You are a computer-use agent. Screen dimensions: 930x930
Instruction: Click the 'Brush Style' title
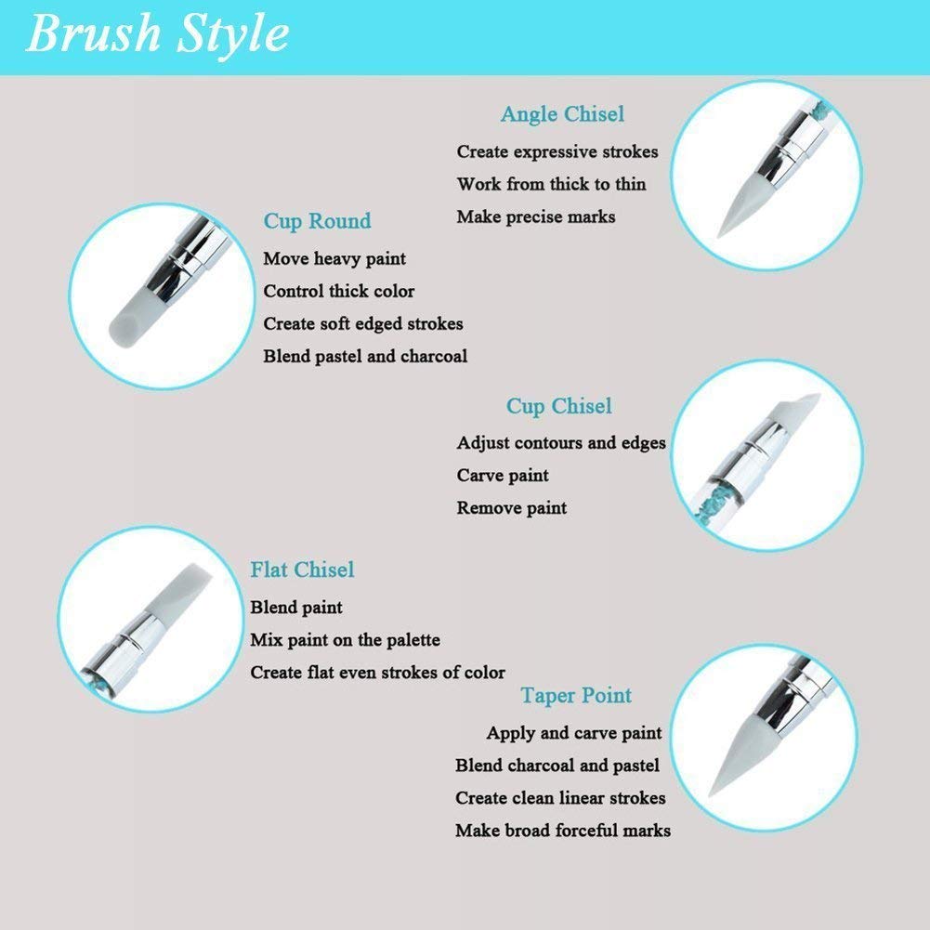pos(158,34)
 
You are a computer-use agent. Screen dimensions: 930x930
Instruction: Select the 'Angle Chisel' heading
pos(562,114)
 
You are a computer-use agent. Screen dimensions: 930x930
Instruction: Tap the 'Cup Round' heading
pos(318,221)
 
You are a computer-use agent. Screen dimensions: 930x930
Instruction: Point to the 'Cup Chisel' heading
pos(558,406)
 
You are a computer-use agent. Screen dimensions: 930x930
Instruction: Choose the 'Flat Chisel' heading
pos(302,570)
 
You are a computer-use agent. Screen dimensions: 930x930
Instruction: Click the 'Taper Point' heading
pos(576,696)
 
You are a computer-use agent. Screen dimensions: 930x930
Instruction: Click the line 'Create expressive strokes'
pos(557,152)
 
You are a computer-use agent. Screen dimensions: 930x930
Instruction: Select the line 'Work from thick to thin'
pos(551,185)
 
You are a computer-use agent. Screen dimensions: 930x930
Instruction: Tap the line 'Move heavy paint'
pos(334,259)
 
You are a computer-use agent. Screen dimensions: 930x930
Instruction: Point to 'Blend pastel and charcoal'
pos(365,357)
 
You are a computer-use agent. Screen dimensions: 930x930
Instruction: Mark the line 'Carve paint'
pos(503,476)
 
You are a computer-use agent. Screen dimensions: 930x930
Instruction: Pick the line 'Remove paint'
pos(511,508)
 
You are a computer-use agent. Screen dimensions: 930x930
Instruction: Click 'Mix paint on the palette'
pos(346,640)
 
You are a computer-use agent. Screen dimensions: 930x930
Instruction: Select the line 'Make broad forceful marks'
pos(563,831)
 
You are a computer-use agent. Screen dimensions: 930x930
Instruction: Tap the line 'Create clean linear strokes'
pos(560,798)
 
